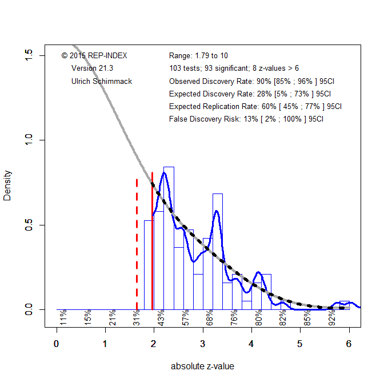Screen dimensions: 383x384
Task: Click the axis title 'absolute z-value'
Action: tap(202, 366)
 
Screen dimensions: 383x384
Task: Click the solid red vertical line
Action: tap(152, 240)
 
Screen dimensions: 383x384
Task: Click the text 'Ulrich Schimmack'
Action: tap(102, 82)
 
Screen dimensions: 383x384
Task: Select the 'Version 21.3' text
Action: tap(91, 68)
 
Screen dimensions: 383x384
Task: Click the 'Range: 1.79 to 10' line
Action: tap(198, 55)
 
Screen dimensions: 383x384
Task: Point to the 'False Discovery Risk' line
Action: tap(246, 119)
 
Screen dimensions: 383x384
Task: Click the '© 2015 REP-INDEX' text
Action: tap(94, 55)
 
